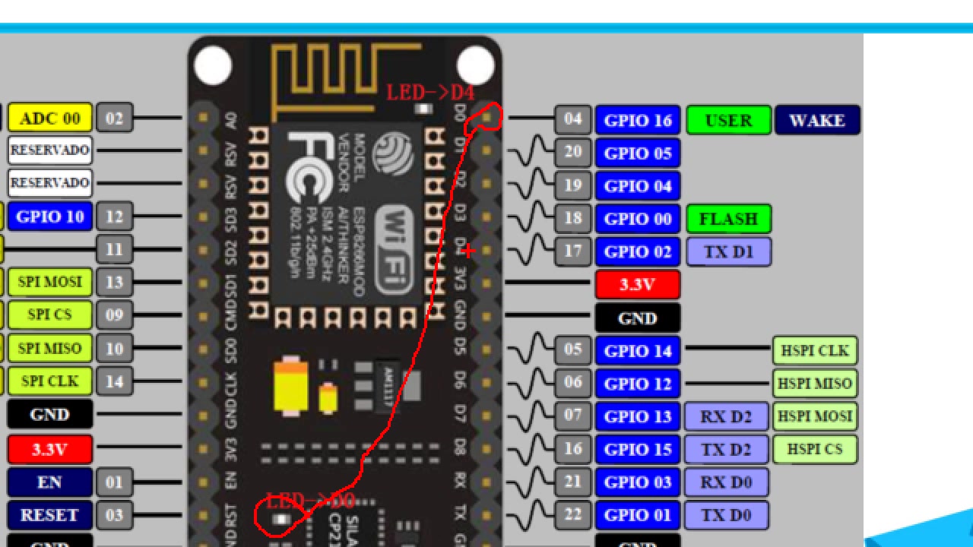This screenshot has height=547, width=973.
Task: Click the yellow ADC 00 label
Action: point(49,119)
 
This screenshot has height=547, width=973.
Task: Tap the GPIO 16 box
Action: point(638,120)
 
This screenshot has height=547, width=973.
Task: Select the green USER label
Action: point(728,120)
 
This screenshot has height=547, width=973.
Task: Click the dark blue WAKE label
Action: point(817,120)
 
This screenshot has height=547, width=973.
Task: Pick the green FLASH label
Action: point(728,219)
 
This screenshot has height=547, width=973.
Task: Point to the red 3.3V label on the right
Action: point(637,284)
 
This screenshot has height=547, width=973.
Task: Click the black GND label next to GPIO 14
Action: point(637,318)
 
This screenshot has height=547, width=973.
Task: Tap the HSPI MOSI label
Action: point(815,416)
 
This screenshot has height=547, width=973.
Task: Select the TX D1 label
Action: point(727,251)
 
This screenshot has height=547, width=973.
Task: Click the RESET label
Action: point(49,515)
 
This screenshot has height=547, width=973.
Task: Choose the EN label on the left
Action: point(49,482)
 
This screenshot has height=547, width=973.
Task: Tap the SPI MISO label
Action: point(49,348)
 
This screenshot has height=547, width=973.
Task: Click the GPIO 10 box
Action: point(49,216)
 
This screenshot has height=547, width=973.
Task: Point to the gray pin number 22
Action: point(572,515)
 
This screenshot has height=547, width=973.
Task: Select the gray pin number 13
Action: point(114,282)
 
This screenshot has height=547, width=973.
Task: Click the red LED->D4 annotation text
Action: point(430,93)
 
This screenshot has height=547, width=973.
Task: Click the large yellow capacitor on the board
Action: point(290,385)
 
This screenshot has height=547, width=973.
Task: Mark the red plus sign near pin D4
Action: point(468,251)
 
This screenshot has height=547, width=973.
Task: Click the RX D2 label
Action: point(726,416)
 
